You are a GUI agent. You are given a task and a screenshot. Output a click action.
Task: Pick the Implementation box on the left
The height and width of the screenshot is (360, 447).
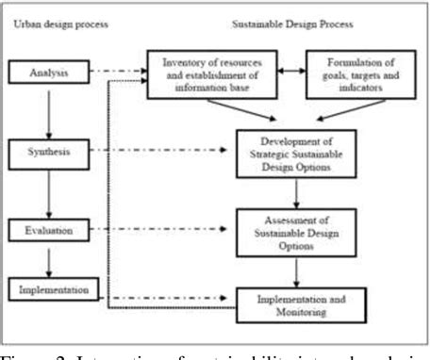52,288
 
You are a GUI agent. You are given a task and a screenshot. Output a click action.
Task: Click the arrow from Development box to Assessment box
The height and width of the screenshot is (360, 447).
297,194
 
